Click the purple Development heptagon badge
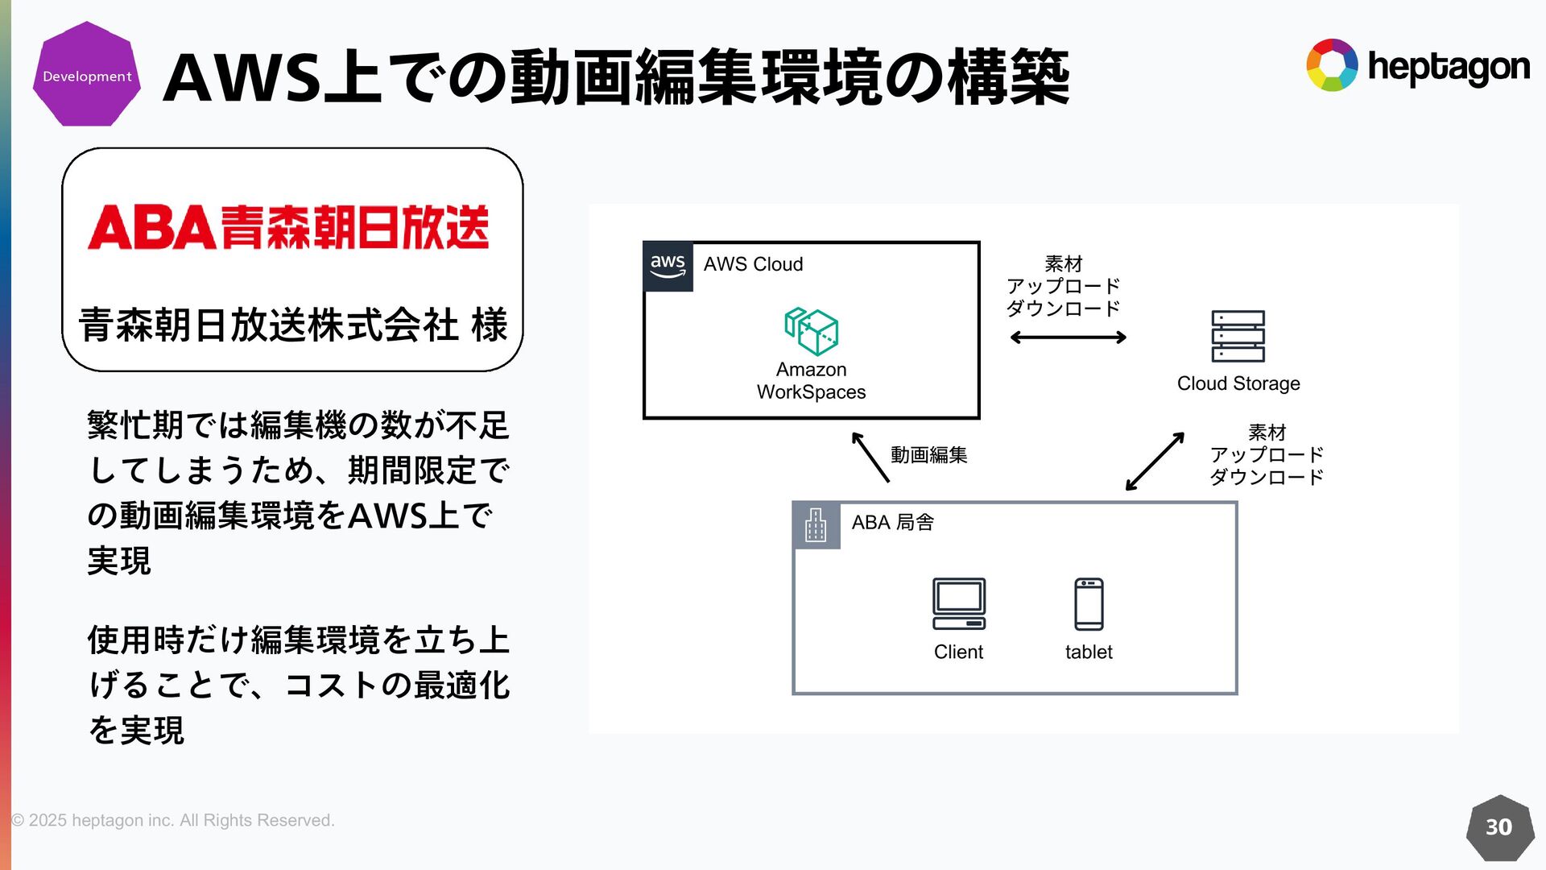(x=87, y=75)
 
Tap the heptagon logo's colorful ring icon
(x=1332, y=65)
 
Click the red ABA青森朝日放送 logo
(x=288, y=227)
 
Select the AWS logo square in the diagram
(x=668, y=266)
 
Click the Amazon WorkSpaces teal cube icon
(x=812, y=331)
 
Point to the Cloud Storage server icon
(x=1238, y=336)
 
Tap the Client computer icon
(x=959, y=603)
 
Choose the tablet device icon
(x=1089, y=604)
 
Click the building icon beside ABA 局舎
(x=816, y=525)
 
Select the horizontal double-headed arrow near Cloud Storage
(x=1068, y=338)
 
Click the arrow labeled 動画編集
(x=870, y=457)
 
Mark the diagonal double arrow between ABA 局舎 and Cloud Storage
(x=1155, y=462)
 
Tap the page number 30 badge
(x=1498, y=827)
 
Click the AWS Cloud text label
(x=753, y=264)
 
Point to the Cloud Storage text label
(x=1238, y=383)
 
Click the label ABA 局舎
(x=892, y=523)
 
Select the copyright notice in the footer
(x=173, y=820)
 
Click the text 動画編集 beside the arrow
(x=928, y=455)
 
